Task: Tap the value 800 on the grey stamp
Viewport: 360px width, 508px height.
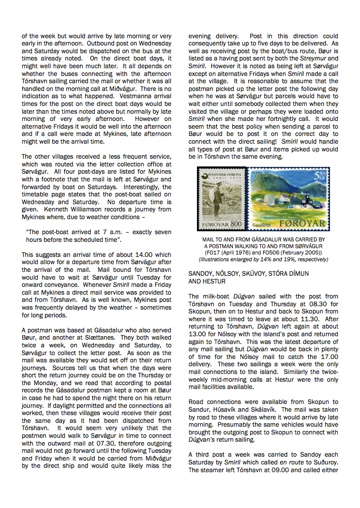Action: point(235,225)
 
